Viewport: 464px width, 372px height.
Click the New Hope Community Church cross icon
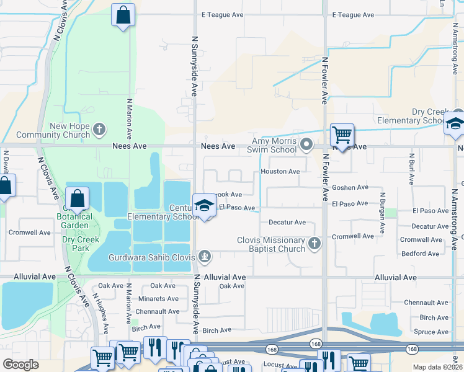(x=99, y=130)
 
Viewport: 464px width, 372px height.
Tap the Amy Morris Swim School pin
(x=306, y=145)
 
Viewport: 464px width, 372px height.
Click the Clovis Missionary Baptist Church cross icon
(x=315, y=243)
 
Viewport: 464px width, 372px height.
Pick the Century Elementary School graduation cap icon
(x=203, y=206)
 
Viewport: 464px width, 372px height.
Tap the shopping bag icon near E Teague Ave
(x=123, y=14)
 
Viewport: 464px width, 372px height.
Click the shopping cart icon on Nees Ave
(x=341, y=133)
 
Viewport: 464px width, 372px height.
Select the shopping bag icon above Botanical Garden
(x=78, y=198)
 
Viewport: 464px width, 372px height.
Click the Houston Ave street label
(x=280, y=171)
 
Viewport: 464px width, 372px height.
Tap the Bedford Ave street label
(x=420, y=253)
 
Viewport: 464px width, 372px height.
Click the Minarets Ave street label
(x=158, y=298)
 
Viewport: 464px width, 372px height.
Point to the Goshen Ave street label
(x=350, y=187)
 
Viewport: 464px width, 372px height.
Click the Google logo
(x=20, y=365)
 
